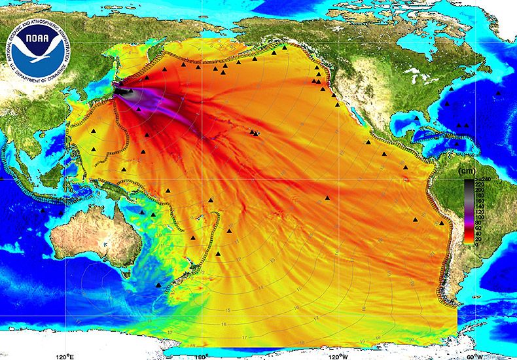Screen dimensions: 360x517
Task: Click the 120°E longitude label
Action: click(64, 355)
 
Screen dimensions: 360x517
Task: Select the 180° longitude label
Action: click(202, 355)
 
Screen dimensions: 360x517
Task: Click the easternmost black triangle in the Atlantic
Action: click(499, 93)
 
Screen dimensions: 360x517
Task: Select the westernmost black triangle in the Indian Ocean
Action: click(43, 210)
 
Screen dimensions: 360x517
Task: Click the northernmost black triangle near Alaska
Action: click(284, 46)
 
